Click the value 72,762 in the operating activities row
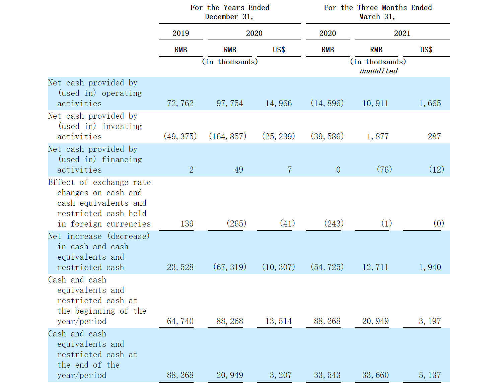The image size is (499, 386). [180, 104]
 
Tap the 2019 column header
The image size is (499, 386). [181, 33]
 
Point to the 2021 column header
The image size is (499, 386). [402, 33]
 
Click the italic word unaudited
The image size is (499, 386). [378, 71]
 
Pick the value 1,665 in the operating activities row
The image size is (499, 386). [430, 104]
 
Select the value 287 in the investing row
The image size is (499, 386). [434, 137]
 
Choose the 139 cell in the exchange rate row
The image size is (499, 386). [187, 224]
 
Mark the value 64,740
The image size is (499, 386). [180, 321]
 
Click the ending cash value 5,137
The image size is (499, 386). [430, 375]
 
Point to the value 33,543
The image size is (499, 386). [327, 375]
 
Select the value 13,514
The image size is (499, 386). [278, 321]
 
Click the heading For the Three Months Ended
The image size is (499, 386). [377, 8]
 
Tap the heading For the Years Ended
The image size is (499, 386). [230, 8]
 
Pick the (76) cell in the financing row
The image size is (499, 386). [384, 170]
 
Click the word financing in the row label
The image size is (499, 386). [122, 159]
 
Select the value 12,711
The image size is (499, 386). [375, 267]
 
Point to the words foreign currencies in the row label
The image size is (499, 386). [111, 224]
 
